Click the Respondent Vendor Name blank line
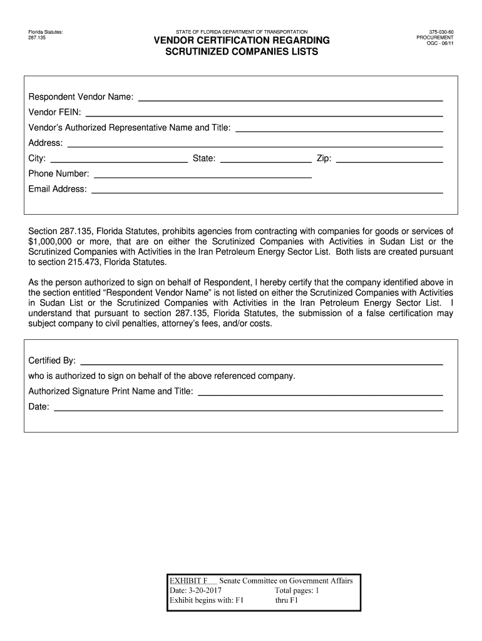click(x=290, y=99)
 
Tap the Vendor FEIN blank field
click(x=264, y=115)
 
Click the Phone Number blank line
click(x=203, y=176)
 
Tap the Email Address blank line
click(x=267, y=191)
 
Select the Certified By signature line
click(x=262, y=362)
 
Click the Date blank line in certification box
click(x=249, y=409)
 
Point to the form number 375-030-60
click(x=441, y=31)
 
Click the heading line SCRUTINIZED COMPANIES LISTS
click(x=241, y=52)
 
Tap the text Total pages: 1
click(x=297, y=590)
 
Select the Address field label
click(x=45, y=143)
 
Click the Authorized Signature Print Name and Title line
click(x=320, y=393)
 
